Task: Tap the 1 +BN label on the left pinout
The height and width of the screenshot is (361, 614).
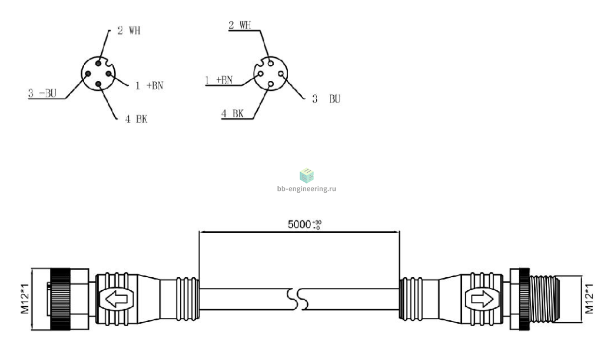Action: tap(148, 85)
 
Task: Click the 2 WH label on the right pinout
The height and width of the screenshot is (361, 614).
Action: tap(240, 25)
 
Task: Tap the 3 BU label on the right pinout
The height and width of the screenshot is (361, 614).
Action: tap(326, 100)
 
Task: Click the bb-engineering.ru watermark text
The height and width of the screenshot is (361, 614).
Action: tap(307, 189)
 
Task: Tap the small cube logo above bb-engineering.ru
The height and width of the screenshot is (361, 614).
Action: tap(307, 175)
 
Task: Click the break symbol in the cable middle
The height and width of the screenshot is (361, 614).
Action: tap(300, 300)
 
